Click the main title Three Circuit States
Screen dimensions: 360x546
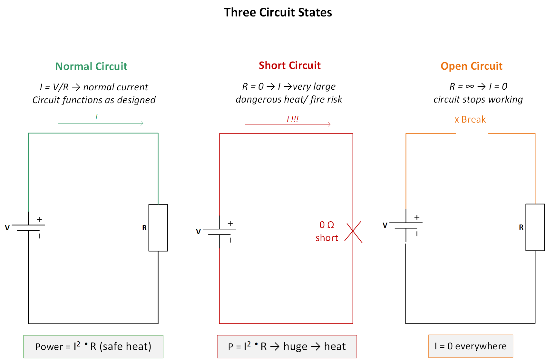[278, 12]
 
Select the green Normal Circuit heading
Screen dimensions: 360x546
[91, 66]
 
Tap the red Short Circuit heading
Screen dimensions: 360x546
[289, 65]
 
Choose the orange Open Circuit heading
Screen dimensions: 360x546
[471, 66]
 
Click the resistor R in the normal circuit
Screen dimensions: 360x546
[158, 227]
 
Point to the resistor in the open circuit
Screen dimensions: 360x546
[535, 227]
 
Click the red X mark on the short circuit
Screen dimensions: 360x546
[353, 232]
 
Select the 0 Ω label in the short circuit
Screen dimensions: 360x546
[327, 225]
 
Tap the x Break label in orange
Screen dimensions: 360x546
[470, 119]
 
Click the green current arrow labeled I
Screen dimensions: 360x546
[101, 123]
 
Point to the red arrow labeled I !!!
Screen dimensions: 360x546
[288, 124]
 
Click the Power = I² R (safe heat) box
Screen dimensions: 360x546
[93, 346]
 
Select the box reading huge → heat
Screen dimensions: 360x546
[287, 346]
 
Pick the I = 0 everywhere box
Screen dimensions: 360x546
[470, 346]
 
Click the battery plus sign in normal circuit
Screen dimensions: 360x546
[39, 219]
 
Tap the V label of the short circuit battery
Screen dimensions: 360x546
[198, 232]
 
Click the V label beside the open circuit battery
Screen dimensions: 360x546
[385, 225]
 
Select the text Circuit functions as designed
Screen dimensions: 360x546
[94, 100]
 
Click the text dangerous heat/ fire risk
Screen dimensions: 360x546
[289, 99]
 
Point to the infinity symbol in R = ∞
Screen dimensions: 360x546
[470, 86]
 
